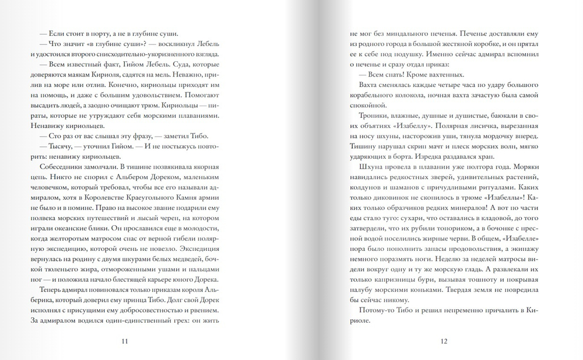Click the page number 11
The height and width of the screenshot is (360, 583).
(x=123, y=341)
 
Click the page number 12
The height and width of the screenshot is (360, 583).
(x=444, y=341)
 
